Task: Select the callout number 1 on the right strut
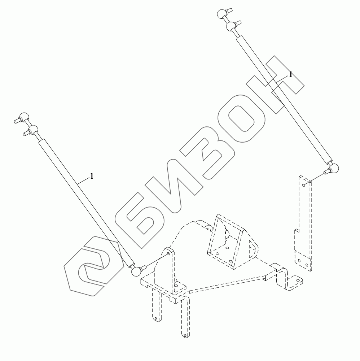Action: tap(290, 75)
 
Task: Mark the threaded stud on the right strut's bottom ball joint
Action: tap(327, 171)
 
